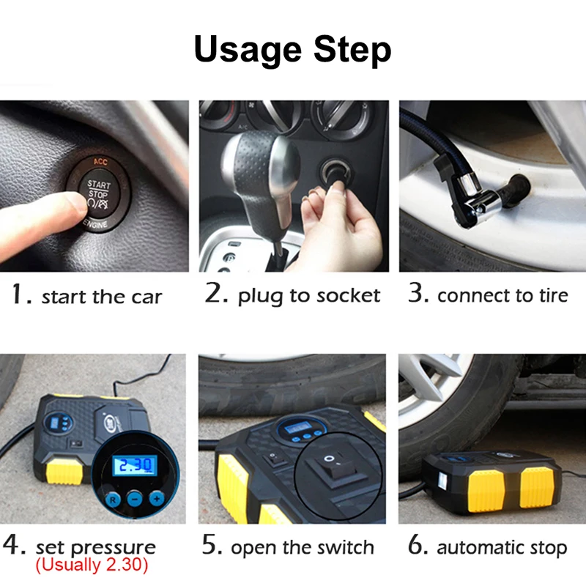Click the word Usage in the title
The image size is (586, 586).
(248, 50)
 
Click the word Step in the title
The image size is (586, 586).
(352, 49)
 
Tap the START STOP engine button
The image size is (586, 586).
(99, 194)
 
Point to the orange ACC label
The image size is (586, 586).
(100, 161)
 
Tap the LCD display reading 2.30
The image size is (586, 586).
(135, 465)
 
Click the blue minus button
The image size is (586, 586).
(135, 499)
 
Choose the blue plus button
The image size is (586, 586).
(157, 499)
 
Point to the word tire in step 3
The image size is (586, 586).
(553, 295)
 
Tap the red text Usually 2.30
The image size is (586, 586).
(92, 565)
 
